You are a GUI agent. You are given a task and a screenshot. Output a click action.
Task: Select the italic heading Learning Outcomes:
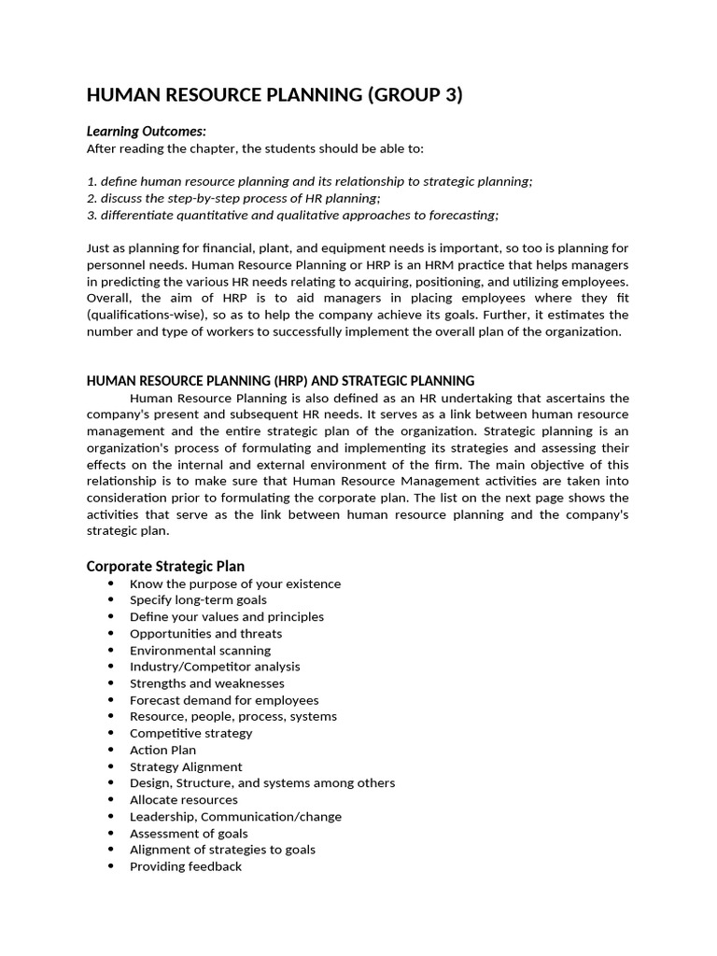(x=147, y=132)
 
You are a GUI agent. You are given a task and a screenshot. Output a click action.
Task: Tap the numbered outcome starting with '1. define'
(x=309, y=181)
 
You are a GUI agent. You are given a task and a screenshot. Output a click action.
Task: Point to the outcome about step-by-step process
(x=233, y=198)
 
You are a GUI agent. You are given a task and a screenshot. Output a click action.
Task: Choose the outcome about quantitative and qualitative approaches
(x=292, y=215)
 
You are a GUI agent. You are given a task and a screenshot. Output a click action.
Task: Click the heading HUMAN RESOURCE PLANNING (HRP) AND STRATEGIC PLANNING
(x=280, y=381)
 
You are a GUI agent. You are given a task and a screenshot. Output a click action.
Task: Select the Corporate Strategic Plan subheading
(x=165, y=566)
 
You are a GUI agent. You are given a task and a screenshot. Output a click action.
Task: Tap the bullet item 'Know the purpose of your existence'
(x=235, y=583)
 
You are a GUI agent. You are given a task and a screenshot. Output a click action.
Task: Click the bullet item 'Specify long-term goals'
(x=198, y=600)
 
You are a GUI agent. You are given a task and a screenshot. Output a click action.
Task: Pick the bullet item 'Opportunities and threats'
(x=205, y=634)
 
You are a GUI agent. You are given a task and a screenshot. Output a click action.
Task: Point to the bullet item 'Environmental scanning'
(x=200, y=651)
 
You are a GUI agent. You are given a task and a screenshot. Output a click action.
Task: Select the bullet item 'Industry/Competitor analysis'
(x=215, y=667)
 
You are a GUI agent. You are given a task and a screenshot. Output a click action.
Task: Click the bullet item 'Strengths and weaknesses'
(x=207, y=683)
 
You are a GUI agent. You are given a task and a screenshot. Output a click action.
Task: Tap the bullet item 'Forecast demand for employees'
(x=224, y=700)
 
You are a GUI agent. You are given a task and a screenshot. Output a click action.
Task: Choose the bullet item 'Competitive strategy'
(x=190, y=733)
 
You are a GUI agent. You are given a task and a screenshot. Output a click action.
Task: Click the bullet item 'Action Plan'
(x=162, y=750)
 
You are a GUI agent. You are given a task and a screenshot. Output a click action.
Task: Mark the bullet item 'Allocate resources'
(x=183, y=800)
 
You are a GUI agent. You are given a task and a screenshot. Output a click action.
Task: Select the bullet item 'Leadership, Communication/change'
(x=235, y=817)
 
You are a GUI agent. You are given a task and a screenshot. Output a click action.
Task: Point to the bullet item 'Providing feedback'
(x=185, y=866)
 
